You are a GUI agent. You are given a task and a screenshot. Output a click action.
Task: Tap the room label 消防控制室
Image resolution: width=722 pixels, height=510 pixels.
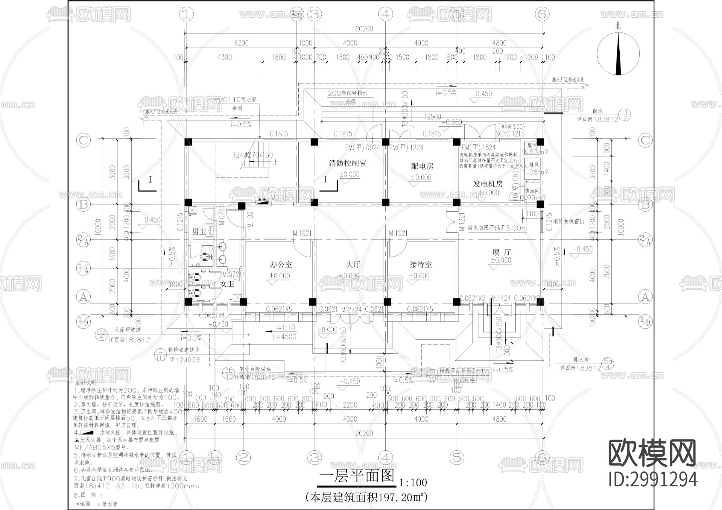[x=347, y=163]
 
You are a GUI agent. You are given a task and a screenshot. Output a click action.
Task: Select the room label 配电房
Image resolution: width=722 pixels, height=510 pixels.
[x=422, y=166]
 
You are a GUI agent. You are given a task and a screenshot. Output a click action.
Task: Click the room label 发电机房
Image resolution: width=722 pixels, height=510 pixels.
[x=487, y=184]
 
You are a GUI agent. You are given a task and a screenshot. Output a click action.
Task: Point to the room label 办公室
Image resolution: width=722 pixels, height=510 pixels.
[x=281, y=265]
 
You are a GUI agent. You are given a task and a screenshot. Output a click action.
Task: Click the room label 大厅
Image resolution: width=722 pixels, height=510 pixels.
[x=353, y=265]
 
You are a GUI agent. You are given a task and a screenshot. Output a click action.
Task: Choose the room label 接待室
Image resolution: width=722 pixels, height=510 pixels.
[x=420, y=265]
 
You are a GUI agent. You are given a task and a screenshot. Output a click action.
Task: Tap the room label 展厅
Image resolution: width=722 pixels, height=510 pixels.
[x=501, y=252]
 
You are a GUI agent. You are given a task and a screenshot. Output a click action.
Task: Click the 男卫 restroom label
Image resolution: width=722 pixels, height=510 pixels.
[x=199, y=232]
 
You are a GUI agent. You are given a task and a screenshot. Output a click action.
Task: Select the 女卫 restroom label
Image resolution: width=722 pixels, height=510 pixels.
[x=227, y=283]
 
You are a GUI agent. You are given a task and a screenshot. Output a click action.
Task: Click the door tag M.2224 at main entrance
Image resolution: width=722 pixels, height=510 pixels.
[x=352, y=310]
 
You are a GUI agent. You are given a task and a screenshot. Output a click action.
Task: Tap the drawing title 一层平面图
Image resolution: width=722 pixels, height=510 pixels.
[x=356, y=477]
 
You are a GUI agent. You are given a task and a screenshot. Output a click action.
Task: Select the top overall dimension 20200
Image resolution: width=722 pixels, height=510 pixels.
[x=364, y=29]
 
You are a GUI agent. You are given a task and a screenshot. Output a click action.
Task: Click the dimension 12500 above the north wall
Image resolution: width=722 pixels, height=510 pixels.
[x=432, y=117]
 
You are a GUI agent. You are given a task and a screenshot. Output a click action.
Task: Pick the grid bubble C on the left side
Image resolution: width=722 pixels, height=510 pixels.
[x=83, y=140]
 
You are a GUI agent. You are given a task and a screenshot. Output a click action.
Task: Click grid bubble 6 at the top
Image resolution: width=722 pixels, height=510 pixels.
[x=541, y=14]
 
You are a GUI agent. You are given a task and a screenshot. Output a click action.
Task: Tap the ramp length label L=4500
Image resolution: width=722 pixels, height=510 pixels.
[x=284, y=337]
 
